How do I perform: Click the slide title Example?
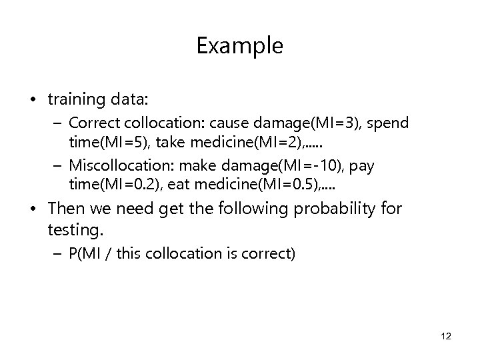[x=240, y=46]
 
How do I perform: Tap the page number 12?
[x=446, y=337]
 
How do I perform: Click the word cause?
[x=227, y=124]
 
